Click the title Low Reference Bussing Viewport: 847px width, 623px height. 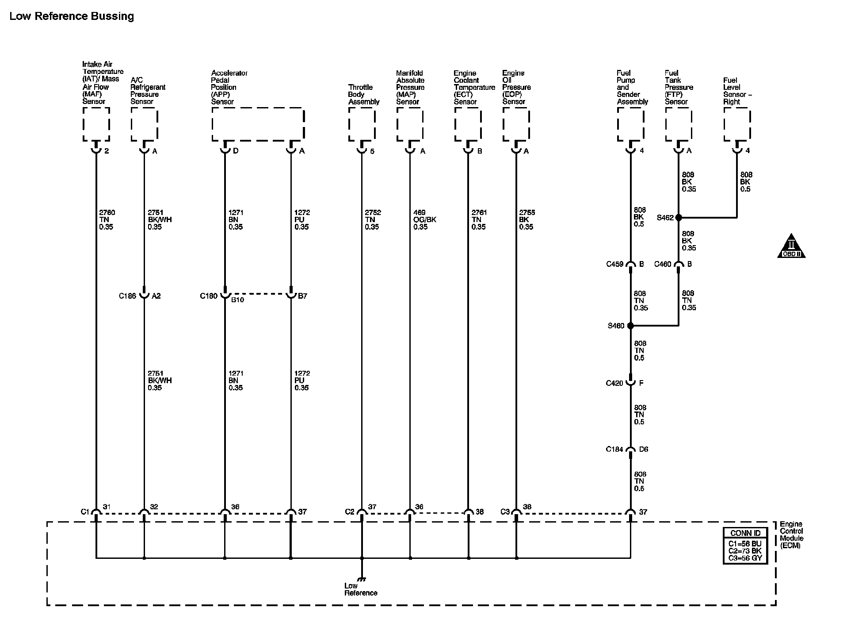tap(72, 16)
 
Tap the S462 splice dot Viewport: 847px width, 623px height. tap(678, 218)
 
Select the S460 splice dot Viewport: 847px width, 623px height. tap(630, 326)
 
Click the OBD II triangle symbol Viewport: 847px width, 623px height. tap(791, 246)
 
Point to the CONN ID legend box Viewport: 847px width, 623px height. tap(745, 545)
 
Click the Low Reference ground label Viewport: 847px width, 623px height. tap(361, 589)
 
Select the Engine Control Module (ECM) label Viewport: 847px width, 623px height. tap(791, 535)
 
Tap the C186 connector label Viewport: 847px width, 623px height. tap(127, 296)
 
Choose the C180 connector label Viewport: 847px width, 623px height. tap(209, 296)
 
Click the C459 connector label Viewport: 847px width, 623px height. tap(614, 264)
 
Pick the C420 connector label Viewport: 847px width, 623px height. tap(614, 383)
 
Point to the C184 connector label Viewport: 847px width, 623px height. tap(614, 450)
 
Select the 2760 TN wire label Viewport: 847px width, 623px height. tap(107, 219)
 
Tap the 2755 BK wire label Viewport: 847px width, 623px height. tap(527, 219)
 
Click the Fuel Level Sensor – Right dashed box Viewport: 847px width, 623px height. tap(737, 124)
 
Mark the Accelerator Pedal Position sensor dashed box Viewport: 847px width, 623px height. tap(258, 124)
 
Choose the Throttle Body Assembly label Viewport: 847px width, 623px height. tap(363, 94)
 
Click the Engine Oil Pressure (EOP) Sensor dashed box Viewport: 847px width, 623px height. tap(516, 124)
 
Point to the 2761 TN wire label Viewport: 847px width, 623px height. tap(479, 219)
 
